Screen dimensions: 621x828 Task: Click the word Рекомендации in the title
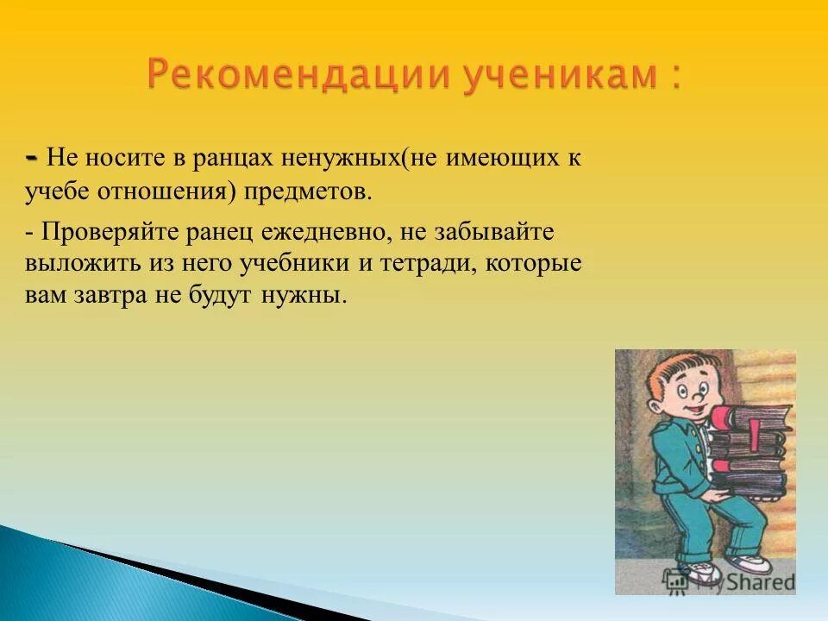(x=298, y=76)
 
